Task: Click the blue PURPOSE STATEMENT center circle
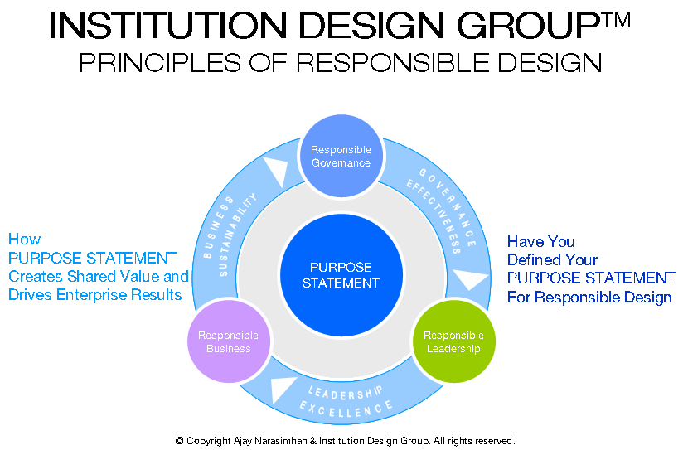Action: (341, 275)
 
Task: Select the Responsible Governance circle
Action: (341, 156)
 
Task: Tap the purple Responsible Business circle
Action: (229, 341)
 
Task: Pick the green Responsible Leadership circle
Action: (454, 341)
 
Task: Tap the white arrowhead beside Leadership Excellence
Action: (281, 389)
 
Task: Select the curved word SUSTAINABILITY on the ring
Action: (238, 235)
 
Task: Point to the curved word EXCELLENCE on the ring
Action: (346, 410)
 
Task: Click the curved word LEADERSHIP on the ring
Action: (346, 393)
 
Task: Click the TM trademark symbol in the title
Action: (617, 20)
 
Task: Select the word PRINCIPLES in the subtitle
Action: (160, 62)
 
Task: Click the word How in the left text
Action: (24, 240)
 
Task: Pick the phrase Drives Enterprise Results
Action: (95, 295)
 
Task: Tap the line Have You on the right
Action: (540, 241)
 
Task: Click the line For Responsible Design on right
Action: (589, 297)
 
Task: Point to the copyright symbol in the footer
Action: (179, 441)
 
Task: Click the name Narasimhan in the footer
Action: (280, 441)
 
